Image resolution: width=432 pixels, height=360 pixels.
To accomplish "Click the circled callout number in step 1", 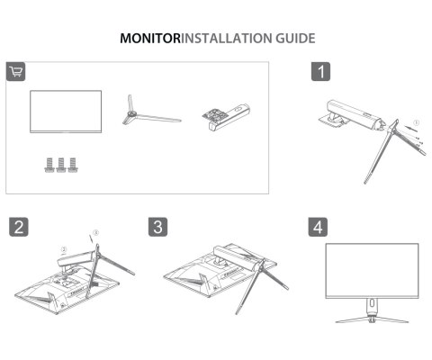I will pyautogui.click(x=415, y=120).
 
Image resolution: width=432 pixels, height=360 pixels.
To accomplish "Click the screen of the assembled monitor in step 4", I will pyautogui.click(x=371, y=270).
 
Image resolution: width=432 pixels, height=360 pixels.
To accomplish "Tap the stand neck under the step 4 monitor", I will pyautogui.click(x=371, y=309).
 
